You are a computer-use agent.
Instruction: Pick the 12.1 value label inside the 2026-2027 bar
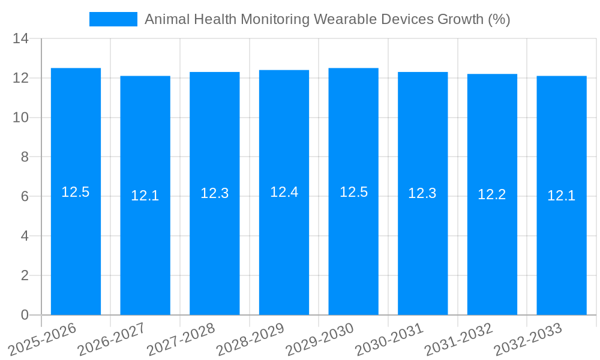(145, 196)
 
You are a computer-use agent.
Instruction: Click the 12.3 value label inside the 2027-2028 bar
(214, 193)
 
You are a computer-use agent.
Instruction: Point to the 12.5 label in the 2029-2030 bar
(353, 192)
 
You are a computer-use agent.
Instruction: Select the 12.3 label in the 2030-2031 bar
(422, 193)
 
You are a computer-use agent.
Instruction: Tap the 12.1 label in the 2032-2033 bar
(561, 196)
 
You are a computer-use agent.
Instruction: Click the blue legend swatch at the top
(113, 19)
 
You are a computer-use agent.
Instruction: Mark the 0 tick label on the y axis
(25, 315)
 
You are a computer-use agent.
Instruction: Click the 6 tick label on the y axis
(25, 197)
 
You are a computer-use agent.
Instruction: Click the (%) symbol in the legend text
(499, 19)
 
